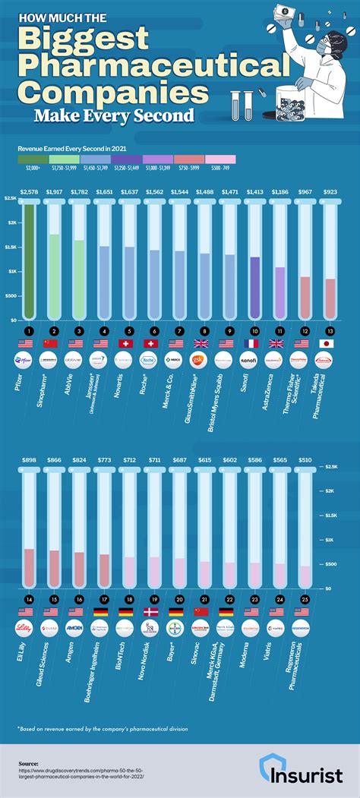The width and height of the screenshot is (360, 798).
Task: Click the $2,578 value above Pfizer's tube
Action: point(29,193)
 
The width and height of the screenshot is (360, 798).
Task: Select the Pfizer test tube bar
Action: point(29,258)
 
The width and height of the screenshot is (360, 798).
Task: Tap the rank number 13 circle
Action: point(330,331)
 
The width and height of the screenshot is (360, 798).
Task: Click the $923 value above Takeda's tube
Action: point(330,193)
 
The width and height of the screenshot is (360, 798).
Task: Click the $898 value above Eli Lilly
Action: point(29,460)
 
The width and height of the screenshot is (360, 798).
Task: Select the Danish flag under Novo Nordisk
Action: point(150,611)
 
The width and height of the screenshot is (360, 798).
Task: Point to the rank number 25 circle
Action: point(304,599)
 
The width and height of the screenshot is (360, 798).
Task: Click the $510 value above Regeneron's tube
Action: point(304,460)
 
